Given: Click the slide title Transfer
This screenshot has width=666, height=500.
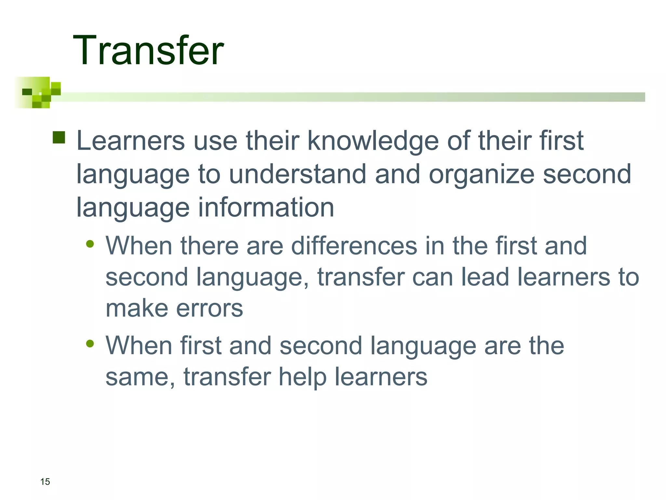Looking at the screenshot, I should click(x=148, y=51).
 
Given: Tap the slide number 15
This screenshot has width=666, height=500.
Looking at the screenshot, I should click(x=45, y=481).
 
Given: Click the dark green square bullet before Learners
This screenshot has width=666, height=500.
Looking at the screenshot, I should click(x=59, y=137).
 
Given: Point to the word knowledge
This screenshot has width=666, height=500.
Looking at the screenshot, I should click(x=373, y=141).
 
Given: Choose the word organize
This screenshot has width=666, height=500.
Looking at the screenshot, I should click(x=482, y=175).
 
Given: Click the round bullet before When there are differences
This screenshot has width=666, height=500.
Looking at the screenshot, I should click(x=90, y=244).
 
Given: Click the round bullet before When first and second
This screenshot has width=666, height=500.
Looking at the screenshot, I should click(x=90, y=343).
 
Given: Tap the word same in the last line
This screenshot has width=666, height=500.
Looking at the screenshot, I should click(x=137, y=377).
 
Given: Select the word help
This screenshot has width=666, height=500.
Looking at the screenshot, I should click(x=302, y=377).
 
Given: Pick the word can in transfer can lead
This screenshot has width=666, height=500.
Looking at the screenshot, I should click(x=432, y=277).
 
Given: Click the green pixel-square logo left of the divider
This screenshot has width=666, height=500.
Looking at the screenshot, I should click(x=37, y=92).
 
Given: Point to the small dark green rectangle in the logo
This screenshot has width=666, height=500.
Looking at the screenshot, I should click(x=27, y=92).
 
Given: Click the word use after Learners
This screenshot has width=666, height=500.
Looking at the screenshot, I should click(x=215, y=141).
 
